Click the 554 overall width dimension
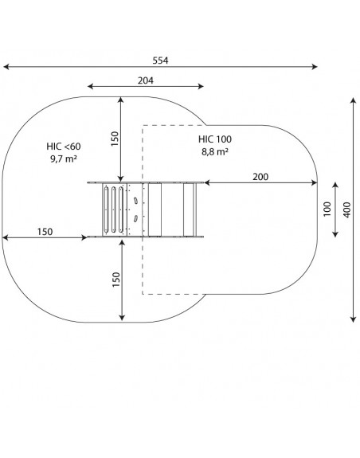click(x=160, y=61)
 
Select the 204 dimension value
click(x=146, y=80)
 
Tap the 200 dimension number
click(x=260, y=177)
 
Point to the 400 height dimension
click(x=347, y=209)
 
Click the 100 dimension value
click(x=327, y=209)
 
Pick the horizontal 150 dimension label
click(x=45, y=232)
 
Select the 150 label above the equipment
click(x=115, y=139)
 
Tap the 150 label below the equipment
click(x=116, y=280)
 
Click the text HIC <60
click(x=64, y=147)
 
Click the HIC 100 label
click(x=215, y=139)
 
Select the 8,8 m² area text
click(x=215, y=152)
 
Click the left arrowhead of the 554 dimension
click(x=6, y=67)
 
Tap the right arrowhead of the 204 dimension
click(x=201, y=86)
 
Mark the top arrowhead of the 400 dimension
click(x=354, y=101)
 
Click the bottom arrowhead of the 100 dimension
click(x=335, y=234)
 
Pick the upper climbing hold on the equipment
click(x=135, y=201)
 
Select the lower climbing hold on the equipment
click(x=135, y=218)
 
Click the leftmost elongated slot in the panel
click(x=106, y=209)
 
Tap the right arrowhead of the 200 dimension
click(x=315, y=183)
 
